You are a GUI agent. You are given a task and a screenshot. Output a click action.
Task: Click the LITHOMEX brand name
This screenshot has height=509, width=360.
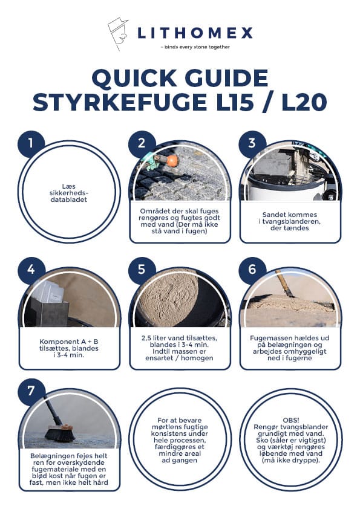(195, 33)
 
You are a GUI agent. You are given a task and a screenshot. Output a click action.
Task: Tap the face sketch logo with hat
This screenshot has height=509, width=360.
(117, 33)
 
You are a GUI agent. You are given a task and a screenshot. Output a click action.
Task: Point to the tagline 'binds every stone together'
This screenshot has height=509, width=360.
(195, 47)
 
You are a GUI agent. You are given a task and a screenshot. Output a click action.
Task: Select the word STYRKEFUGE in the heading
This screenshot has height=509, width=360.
(120, 102)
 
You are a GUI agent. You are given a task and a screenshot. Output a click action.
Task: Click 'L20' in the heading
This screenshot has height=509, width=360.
(304, 102)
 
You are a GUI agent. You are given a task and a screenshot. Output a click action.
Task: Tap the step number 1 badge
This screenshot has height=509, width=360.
(31, 143)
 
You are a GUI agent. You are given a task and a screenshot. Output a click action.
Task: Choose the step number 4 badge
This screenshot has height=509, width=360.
(31, 270)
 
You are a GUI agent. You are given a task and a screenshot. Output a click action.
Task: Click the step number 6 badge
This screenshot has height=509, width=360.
(252, 270)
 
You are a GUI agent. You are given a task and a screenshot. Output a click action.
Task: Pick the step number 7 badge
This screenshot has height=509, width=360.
(31, 391)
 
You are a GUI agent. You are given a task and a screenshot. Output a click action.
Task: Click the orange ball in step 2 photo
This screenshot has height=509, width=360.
(172, 161)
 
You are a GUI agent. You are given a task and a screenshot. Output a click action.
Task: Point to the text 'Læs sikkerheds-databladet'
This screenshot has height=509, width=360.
(69, 193)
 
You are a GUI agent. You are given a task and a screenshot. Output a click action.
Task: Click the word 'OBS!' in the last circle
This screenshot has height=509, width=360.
(291, 420)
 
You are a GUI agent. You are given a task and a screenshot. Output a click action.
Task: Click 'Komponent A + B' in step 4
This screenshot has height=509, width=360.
(69, 342)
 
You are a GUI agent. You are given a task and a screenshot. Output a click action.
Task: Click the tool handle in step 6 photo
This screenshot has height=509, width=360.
(284, 283)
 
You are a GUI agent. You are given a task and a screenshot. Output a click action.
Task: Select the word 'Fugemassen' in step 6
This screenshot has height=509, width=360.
(270, 338)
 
